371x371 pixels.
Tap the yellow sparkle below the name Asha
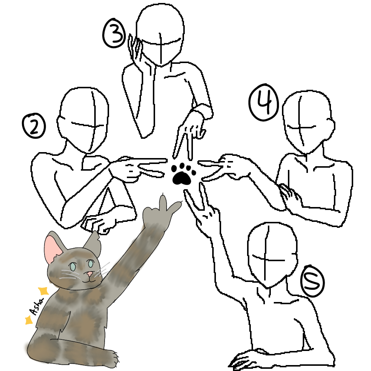(x=28, y=320)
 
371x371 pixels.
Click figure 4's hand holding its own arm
(x=288, y=193)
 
